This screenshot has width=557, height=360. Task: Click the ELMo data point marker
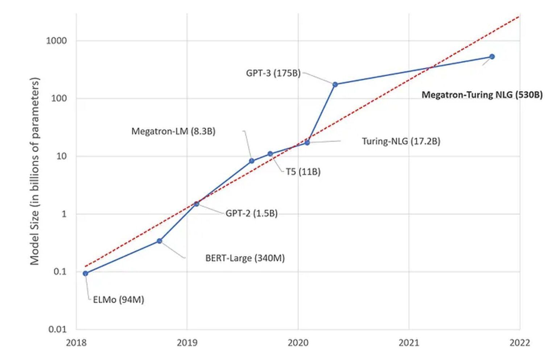(86, 273)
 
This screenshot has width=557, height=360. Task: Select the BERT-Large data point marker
(159, 241)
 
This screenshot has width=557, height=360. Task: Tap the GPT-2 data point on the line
(197, 204)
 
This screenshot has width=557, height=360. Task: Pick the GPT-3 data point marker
(335, 85)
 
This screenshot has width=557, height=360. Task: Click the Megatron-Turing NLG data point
(492, 57)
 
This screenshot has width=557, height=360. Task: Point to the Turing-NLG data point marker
(307, 143)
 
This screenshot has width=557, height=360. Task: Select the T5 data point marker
(270, 154)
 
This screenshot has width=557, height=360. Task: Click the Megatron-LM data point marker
(252, 161)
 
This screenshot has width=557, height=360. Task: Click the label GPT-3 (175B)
(273, 73)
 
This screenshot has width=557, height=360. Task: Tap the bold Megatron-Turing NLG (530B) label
(482, 95)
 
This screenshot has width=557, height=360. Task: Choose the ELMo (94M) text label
(118, 300)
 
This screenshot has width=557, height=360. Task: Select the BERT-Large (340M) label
(245, 258)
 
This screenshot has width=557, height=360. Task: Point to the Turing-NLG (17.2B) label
(401, 141)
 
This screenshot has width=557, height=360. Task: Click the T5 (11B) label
(303, 172)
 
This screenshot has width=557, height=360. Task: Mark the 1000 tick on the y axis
(56, 41)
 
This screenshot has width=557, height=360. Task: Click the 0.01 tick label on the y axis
(58, 329)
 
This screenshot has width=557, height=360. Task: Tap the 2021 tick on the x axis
(409, 343)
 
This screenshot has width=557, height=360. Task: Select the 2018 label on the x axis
(76, 343)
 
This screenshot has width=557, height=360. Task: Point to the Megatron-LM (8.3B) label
(173, 131)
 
